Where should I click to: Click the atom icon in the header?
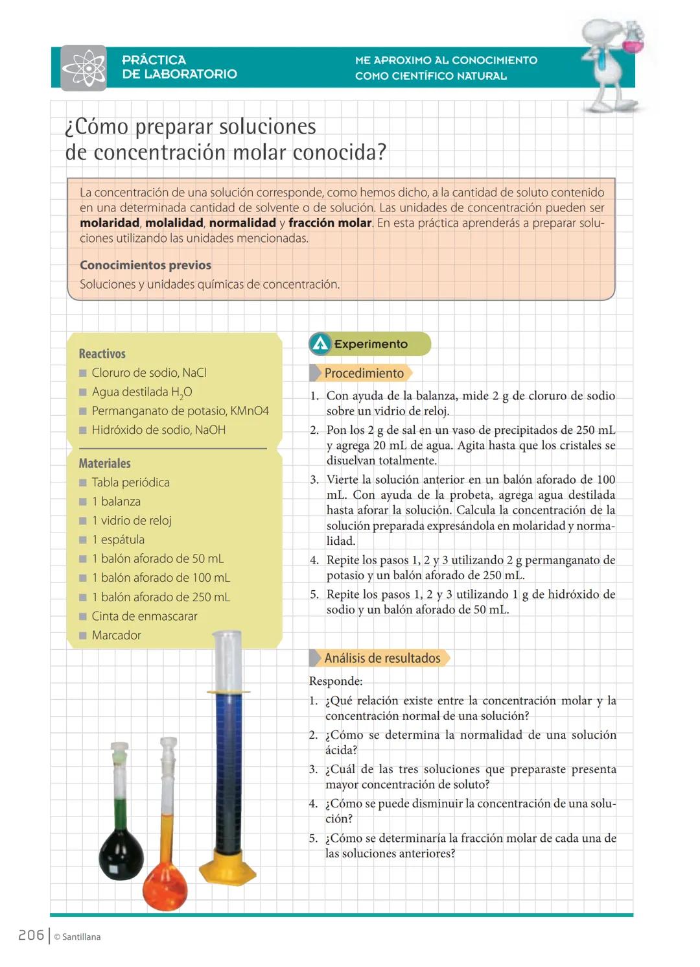coord(84,67)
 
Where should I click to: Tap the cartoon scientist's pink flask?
coord(632,40)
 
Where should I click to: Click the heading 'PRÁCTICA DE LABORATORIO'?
coord(180,67)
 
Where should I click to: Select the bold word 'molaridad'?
coord(110,223)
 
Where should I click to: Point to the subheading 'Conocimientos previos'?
coord(145,265)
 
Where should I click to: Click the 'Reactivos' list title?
coord(102,353)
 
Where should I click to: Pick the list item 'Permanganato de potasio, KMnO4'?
coord(180,411)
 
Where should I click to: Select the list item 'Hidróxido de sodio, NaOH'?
coord(158,430)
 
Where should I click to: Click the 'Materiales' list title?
coord(104,463)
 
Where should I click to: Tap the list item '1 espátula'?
coord(117,540)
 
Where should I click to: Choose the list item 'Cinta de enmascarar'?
coord(144,616)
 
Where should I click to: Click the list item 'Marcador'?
coord(116,636)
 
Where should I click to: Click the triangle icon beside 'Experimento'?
coord(320,344)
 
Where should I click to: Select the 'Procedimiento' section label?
coord(364,374)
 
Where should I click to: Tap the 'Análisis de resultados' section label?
coord(382,658)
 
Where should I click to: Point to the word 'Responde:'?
coord(336,682)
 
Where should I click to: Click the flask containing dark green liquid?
coord(121,843)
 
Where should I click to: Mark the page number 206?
coord(30,935)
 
